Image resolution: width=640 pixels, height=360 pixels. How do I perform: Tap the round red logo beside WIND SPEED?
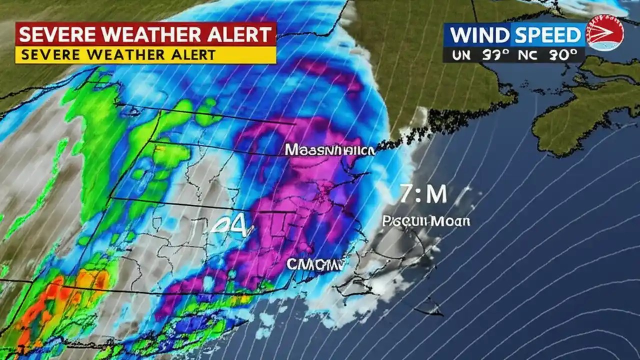tap(605, 32)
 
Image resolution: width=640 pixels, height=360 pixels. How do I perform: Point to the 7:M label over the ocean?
tap(423, 194)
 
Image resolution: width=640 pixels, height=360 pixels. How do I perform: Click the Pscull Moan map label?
tap(426, 221)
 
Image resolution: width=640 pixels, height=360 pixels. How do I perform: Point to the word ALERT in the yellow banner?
tap(192, 54)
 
